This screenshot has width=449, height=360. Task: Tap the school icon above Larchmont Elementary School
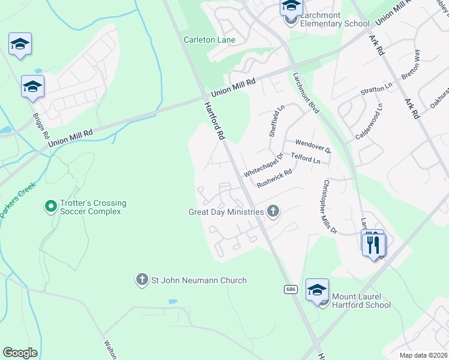(291, 7)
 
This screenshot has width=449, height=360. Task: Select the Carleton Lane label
(209, 40)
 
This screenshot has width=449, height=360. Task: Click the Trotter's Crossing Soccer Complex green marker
(51, 207)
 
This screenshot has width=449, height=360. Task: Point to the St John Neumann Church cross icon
(142, 280)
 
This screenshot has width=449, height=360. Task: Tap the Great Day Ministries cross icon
(273, 211)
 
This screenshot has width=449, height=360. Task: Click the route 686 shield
(291, 289)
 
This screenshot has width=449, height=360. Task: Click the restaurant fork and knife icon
(373, 244)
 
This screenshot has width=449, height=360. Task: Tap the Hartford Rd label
(214, 120)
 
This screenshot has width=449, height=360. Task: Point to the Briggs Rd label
(41, 125)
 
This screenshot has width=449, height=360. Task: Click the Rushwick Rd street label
(274, 178)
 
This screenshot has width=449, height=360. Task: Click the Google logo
(20, 353)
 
